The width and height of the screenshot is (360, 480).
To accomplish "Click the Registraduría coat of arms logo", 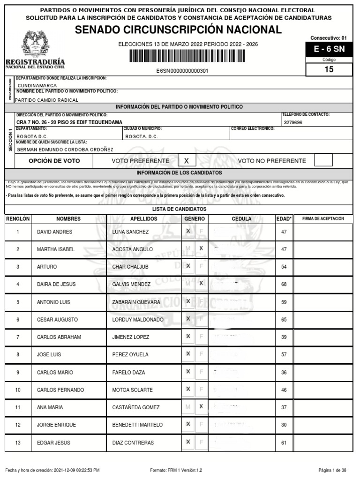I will (35, 45).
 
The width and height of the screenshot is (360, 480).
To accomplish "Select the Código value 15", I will (329, 69).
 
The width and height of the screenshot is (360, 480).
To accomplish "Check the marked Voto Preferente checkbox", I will (187, 161).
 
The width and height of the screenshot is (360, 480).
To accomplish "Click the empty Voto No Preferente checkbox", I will (323, 160).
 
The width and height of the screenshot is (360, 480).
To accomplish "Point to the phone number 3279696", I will (293, 122).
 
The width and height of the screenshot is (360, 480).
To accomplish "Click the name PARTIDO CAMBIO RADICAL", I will (47, 100).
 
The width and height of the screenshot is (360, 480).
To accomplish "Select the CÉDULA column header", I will (241, 219).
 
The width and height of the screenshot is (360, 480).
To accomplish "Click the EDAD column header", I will (284, 219).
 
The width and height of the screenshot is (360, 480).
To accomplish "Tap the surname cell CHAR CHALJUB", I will (130, 267).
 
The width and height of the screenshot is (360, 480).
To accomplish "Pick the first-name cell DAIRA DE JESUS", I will (56, 284).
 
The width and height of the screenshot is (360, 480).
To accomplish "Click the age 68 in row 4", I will (284, 284).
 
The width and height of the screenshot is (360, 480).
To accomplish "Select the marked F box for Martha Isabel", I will (201, 248).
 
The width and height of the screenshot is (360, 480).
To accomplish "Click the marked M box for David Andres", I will (188, 231).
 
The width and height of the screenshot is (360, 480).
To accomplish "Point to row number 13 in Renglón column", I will (18, 442).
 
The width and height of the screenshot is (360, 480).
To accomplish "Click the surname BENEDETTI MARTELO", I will (137, 425).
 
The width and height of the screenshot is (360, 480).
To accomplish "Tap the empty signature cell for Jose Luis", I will (322, 354).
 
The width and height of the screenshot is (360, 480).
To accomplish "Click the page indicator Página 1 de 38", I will (332, 470).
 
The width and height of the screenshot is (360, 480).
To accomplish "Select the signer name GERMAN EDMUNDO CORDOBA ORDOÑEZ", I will (65, 150).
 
